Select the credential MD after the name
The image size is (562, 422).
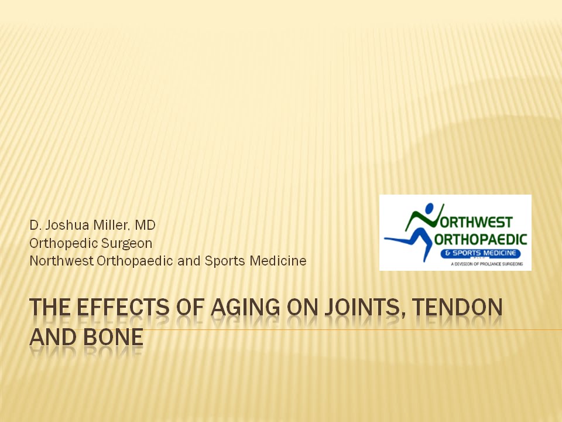click(x=145, y=224)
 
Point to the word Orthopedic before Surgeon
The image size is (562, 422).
click(x=63, y=242)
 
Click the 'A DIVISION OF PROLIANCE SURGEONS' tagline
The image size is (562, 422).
click(x=486, y=264)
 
